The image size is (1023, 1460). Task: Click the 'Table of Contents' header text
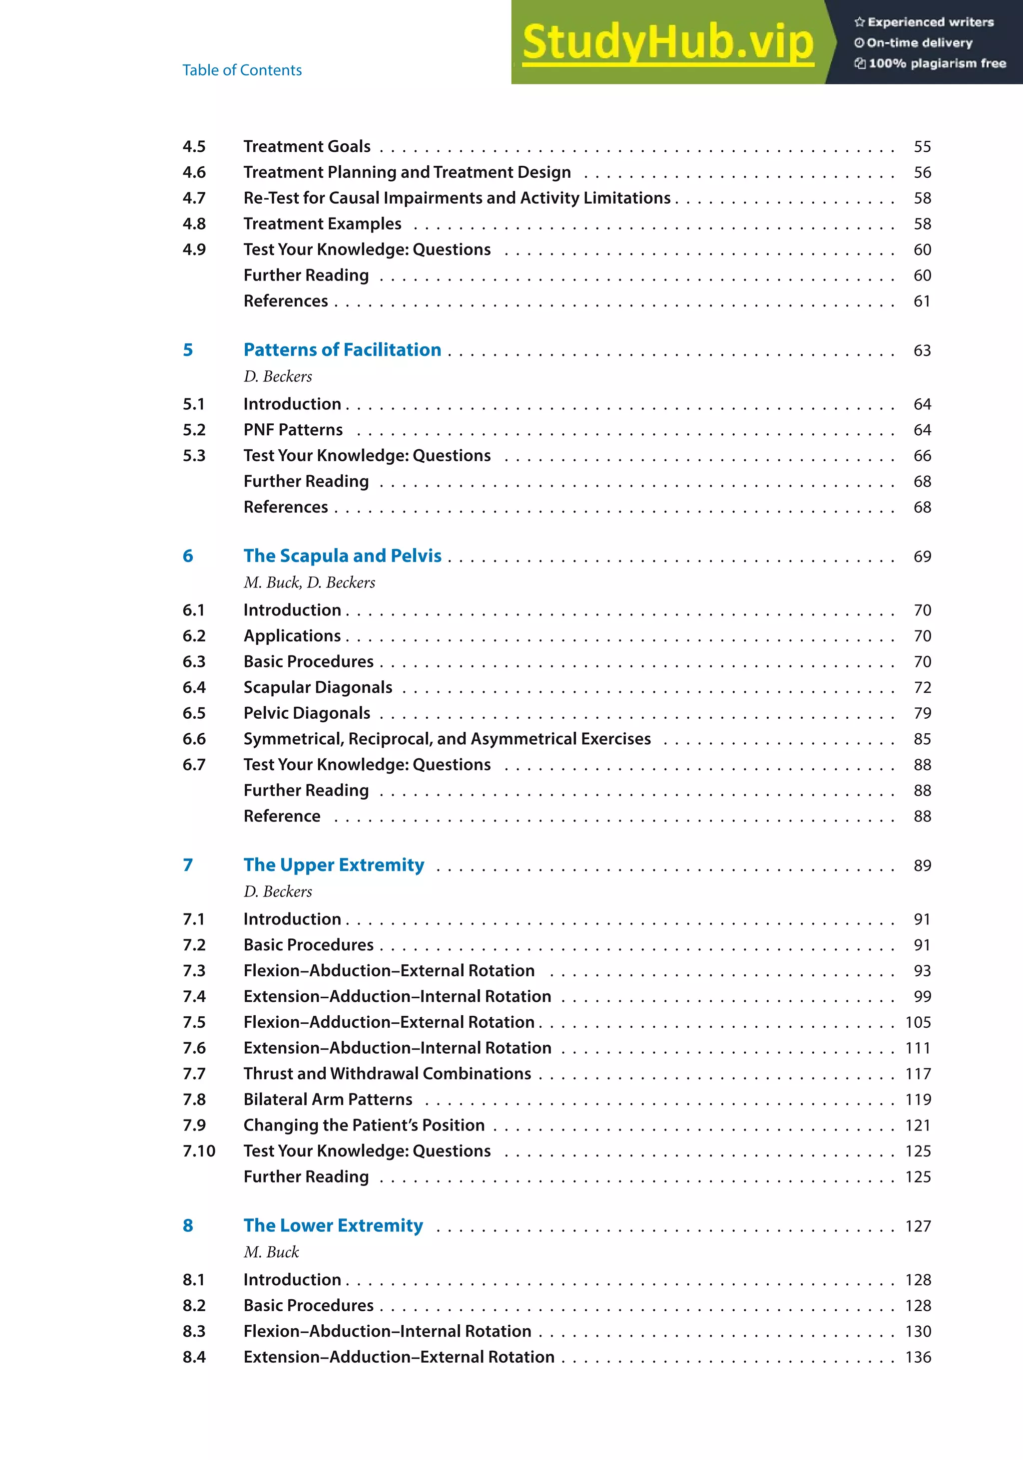coord(242,70)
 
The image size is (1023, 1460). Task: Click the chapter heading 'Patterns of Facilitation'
coord(342,350)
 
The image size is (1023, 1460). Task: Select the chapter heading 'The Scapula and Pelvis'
coord(342,556)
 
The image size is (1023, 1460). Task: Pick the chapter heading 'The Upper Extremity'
coord(333,865)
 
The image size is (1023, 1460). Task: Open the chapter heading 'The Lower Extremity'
coord(333,1225)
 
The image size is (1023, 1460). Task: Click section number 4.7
coord(194,198)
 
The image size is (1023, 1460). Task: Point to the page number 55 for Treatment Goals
coord(922,147)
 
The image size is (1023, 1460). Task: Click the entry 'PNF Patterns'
coord(293,430)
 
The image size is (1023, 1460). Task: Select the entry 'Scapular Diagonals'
coord(318,687)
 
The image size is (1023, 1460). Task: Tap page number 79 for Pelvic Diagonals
coord(922,713)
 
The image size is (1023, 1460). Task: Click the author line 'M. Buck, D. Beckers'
coord(309,583)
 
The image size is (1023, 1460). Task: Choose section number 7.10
coord(198,1151)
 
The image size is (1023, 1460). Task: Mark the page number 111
coord(918,1048)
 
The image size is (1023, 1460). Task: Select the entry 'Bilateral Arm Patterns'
coord(328,1100)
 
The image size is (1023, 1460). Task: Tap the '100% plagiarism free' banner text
coord(937,63)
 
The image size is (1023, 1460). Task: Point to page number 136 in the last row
coord(918,1357)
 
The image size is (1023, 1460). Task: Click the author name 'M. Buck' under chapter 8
coord(271,1252)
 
